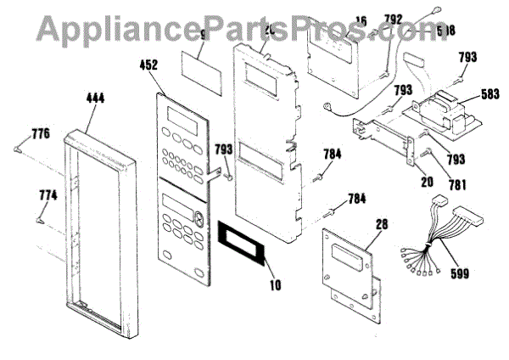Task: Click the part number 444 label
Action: (95, 98)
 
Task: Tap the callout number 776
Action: (41, 133)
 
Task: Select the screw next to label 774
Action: (40, 220)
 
